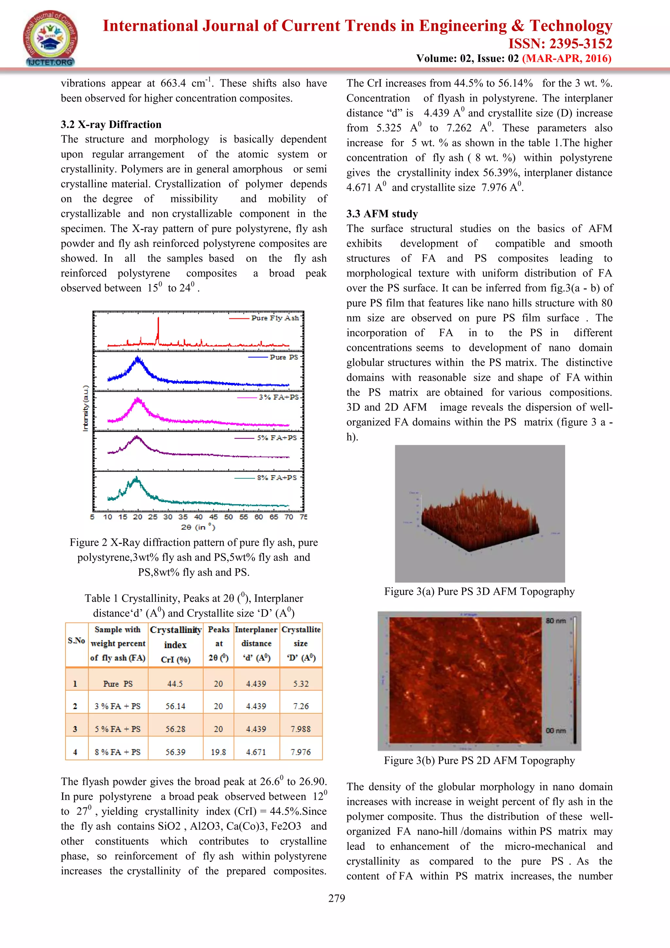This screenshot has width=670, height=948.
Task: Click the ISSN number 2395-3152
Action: click(x=560, y=44)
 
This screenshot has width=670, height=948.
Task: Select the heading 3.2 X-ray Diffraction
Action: click(x=111, y=125)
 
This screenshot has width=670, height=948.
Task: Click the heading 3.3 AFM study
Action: click(x=382, y=214)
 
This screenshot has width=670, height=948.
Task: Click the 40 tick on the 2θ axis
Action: click(x=198, y=517)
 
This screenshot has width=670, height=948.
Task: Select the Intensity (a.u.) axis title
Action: click(x=86, y=408)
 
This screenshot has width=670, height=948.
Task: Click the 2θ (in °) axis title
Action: click(x=198, y=527)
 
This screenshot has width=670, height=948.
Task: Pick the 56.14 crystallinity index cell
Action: click(x=175, y=707)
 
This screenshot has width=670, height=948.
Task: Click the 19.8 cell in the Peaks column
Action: click(x=219, y=752)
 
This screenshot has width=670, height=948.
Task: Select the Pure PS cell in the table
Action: click(x=118, y=684)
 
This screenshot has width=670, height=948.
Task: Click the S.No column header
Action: click(x=76, y=641)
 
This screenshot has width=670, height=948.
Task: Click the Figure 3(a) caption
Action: click(x=479, y=592)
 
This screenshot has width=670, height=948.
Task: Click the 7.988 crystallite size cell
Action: click(x=301, y=729)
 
